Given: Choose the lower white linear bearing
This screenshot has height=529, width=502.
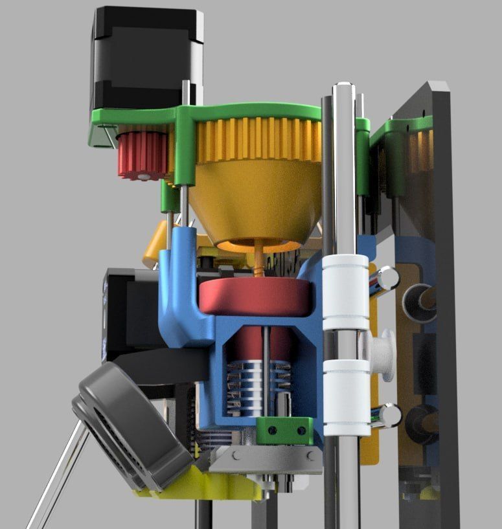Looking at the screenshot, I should coord(346,397).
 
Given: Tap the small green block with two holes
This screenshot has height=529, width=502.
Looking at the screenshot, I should coord(282,427).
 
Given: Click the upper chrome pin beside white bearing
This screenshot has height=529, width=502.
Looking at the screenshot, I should coord(387,278).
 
